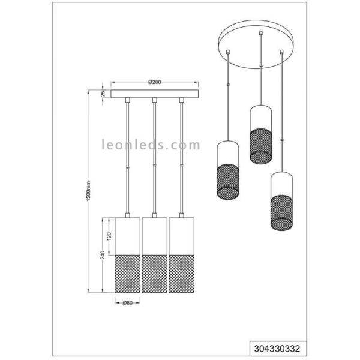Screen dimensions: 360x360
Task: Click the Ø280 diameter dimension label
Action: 154,82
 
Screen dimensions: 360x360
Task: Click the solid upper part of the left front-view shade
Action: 127,236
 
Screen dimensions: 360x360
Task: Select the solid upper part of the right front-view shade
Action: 181,236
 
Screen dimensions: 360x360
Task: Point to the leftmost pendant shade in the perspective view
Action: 228,172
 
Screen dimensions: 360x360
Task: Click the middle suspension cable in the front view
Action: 154,156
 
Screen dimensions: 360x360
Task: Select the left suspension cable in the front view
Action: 127,156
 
